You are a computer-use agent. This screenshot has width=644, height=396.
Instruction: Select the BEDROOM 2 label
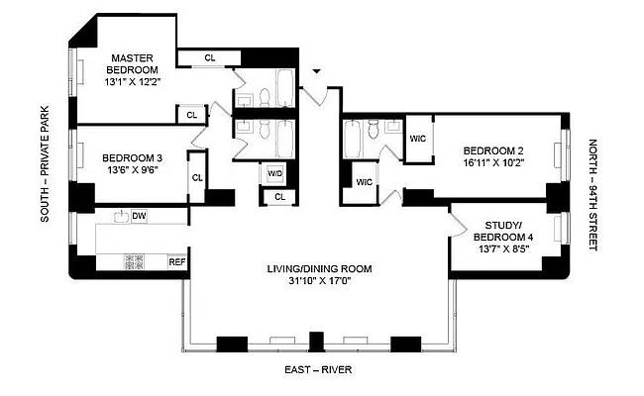click(485, 150)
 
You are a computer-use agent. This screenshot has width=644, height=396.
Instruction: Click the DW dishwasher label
click(139, 216)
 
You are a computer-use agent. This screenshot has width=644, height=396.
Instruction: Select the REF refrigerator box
click(177, 262)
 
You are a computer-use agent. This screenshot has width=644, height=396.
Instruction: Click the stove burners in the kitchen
click(135, 262)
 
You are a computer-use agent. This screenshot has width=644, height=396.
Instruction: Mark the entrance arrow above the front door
click(316, 72)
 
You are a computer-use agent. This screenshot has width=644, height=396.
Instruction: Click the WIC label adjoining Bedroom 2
click(417, 139)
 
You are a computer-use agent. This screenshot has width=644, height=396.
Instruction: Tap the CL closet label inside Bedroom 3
click(197, 178)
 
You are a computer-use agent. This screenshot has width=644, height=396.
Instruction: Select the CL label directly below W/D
click(279, 197)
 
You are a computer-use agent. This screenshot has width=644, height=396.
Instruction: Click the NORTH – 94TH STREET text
click(592, 194)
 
